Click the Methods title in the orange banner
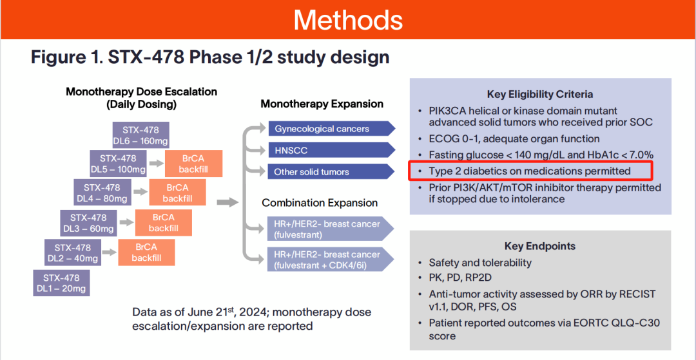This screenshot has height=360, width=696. pyautogui.click(x=348, y=20)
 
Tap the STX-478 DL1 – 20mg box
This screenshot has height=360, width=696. pyautogui.click(x=62, y=283)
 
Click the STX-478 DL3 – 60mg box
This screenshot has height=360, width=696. pyautogui.click(x=88, y=223)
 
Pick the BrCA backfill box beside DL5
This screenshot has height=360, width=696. pyautogui.click(x=193, y=164)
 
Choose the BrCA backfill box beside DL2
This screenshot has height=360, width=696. pyautogui.click(x=146, y=252)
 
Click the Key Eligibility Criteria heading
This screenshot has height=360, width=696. pyautogui.click(x=540, y=94)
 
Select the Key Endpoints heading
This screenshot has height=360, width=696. pyautogui.click(x=540, y=246)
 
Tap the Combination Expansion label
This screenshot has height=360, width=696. pyautogui.click(x=320, y=203)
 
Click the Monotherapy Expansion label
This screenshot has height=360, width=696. pyautogui.click(x=322, y=104)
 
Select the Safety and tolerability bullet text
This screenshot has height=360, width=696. pyautogui.click(x=480, y=263)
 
